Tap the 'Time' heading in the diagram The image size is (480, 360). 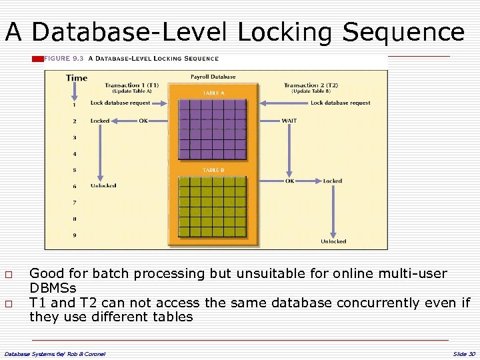77,78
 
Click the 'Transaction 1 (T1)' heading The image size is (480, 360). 131,85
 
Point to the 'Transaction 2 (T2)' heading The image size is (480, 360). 311,85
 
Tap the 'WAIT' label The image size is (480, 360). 289,121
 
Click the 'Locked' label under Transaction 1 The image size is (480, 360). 100,121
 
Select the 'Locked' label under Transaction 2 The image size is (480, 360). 332,181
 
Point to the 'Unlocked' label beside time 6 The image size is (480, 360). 103,185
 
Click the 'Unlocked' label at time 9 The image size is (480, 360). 333,241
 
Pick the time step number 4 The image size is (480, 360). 75,154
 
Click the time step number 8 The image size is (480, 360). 75,219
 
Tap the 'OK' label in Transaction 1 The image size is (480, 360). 143,121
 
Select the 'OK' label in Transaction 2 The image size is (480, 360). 289,181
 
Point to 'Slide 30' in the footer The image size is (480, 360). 463,353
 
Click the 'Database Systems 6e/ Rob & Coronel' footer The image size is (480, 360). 55,353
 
